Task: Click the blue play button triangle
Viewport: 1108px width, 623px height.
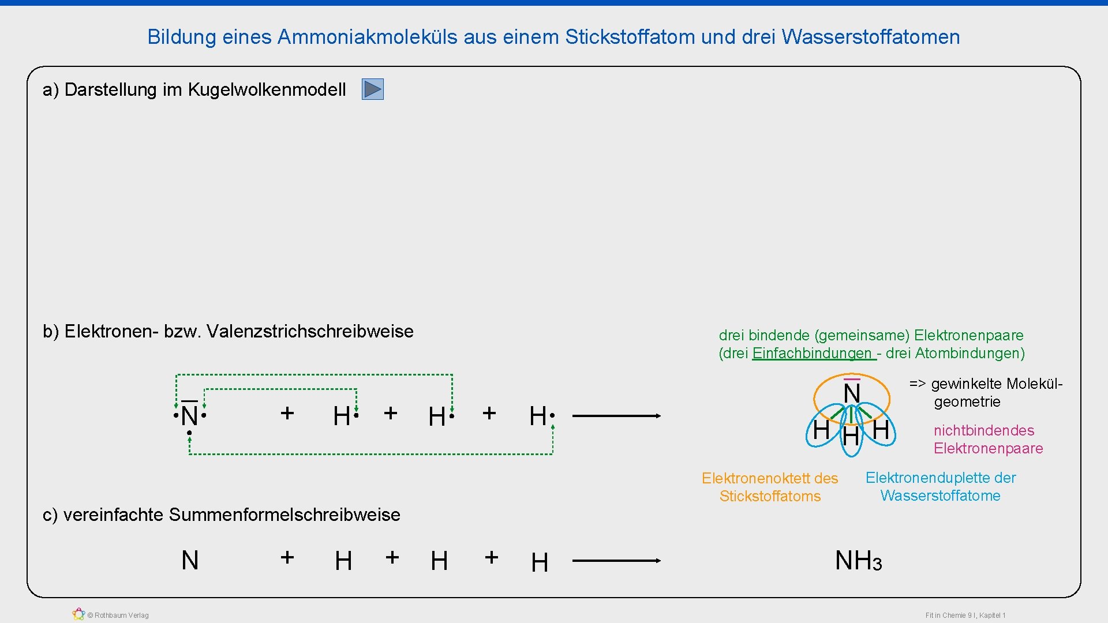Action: tap(373, 89)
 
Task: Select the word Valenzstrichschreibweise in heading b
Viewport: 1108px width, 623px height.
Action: tap(310, 332)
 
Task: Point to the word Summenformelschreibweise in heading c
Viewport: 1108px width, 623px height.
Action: tap(284, 515)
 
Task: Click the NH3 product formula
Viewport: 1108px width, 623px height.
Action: tap(858, 561)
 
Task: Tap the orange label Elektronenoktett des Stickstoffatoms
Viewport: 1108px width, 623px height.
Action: tap(770, 487)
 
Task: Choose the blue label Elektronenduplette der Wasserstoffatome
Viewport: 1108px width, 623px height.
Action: tap(940, 486)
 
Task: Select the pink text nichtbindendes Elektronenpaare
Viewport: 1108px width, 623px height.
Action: tap(988, 439)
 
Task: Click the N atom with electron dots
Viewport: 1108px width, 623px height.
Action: tap(189, 415)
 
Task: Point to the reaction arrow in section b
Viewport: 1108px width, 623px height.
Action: tap(616, 415)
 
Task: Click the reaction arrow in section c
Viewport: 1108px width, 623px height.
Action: tap(616, 560)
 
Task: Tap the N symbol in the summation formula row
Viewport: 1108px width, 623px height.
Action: tap(190, 560)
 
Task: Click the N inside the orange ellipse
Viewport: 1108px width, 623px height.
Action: tap(852, 393)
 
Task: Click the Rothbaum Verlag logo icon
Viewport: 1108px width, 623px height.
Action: tap(78, 614)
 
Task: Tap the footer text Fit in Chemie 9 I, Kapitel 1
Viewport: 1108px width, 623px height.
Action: tap(965, 616)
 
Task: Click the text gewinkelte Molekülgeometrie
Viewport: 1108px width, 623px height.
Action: tap(985, 392)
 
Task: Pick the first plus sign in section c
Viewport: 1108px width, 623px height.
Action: tap(287, 557)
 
